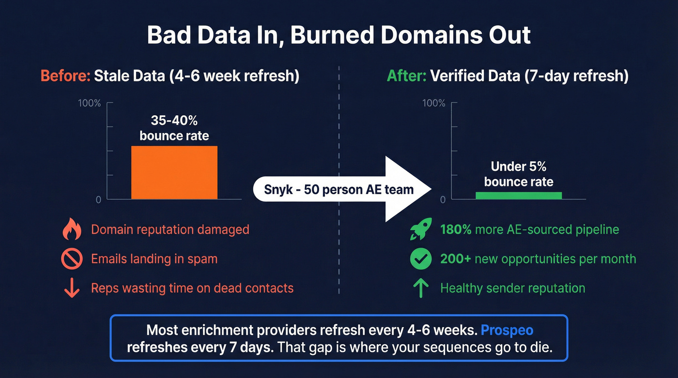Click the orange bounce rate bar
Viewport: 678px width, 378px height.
(x=174, y=172)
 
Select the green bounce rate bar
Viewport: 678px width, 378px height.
(x=519, y=196)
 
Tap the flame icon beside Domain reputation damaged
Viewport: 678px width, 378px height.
(x=72, y=229)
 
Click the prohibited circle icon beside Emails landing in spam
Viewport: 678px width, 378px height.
(x=72, y=259)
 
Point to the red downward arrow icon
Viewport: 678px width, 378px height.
(x=72, y=288)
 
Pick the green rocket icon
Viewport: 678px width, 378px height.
(x=420, y=229)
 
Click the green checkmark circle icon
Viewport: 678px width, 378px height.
(x=420, y=259)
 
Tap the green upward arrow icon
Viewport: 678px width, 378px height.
(x=420, y=288)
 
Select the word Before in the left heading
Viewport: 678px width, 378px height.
(x=65, y=76)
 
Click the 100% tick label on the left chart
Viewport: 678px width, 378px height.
(x=89, y=103)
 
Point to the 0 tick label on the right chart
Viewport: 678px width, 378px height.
(x=443, y=199)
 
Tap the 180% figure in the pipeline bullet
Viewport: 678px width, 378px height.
(x=456, y=229)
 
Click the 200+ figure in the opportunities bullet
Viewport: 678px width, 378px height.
(x=455, y=259)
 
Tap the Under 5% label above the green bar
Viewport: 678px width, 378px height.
(x=519, y=166)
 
